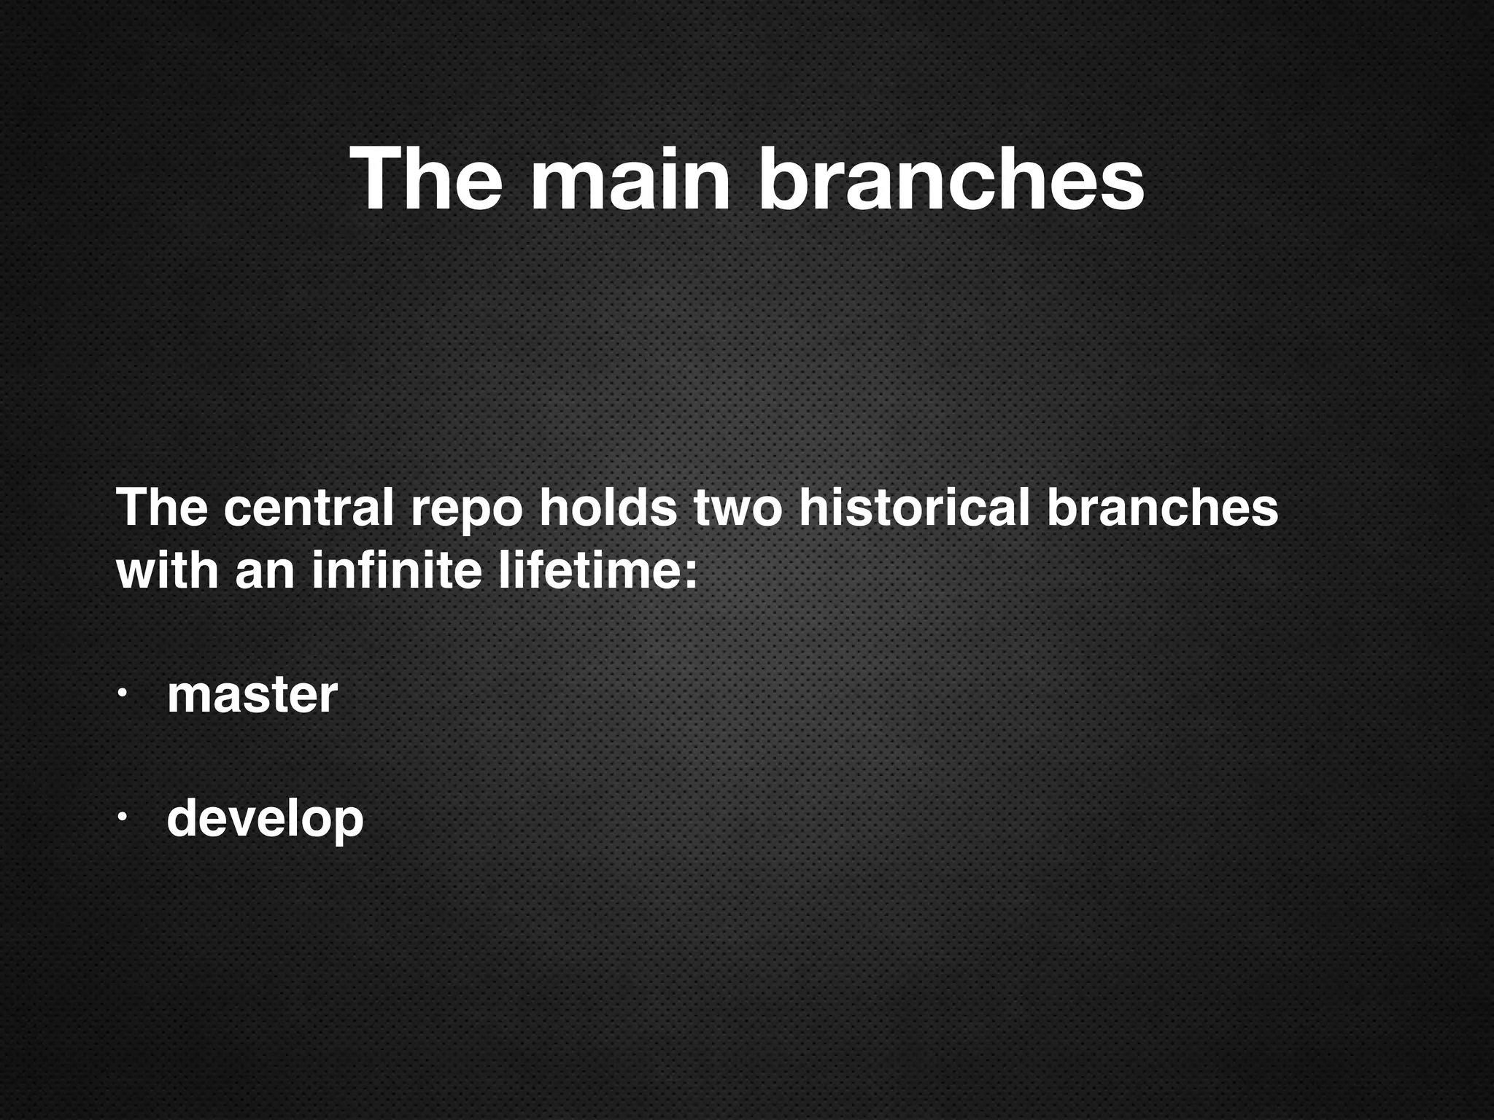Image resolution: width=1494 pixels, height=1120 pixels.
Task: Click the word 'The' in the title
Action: coord(427,178)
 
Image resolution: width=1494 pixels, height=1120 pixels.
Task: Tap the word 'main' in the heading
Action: coord(630,178)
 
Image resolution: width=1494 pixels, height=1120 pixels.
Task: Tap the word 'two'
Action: coord(738,509)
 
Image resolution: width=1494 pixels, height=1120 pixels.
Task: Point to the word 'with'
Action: coord(167,570)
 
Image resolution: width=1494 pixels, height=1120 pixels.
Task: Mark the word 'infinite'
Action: coord(396,570)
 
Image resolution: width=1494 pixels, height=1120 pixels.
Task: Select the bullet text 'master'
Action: coord(252,695)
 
